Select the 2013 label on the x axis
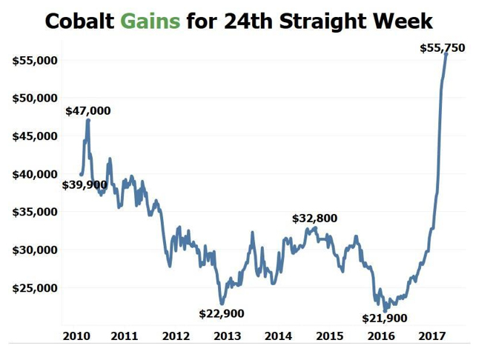point(227,336)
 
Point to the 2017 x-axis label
point(432,336)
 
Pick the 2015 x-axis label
point(330,336)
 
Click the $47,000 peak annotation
point(87,111)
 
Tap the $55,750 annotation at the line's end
point(442,48)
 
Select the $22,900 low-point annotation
point(222,313)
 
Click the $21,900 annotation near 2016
point(385,318)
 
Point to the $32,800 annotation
point(314,219)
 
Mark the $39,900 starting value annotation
point(85,185)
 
